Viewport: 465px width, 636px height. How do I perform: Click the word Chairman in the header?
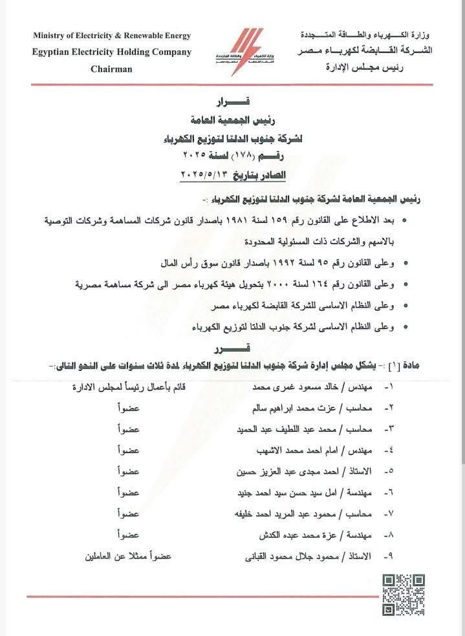coord(111,69)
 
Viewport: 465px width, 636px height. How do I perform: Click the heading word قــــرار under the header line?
coord(232,103)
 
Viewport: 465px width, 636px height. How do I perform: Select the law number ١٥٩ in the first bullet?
coord(296,220)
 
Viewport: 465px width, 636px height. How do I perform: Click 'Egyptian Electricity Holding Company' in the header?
coord(111,52)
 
